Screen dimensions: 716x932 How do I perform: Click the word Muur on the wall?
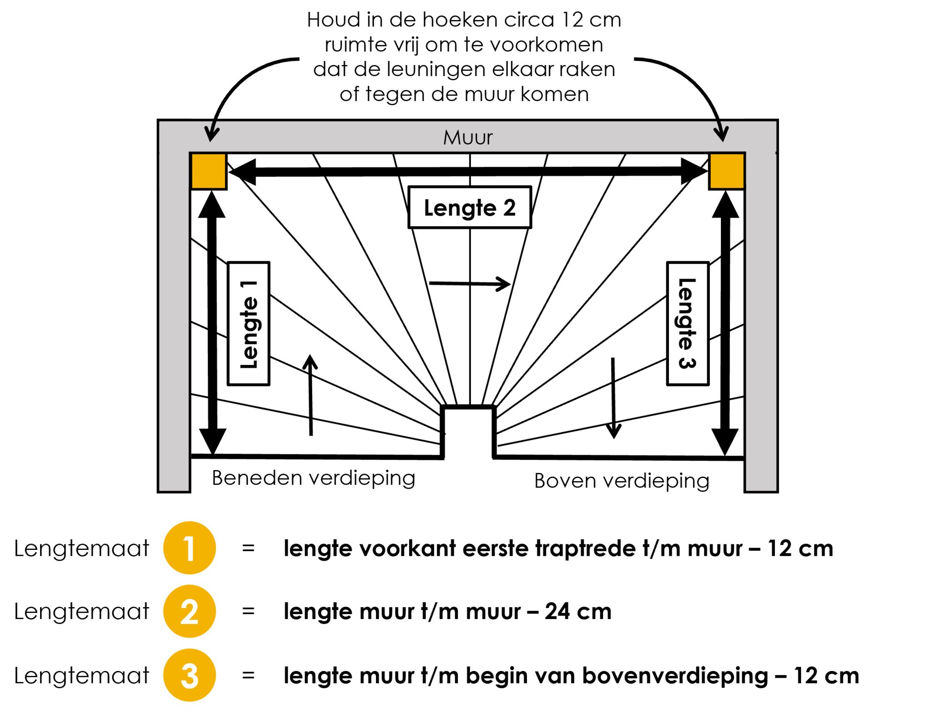[x=468, y=137]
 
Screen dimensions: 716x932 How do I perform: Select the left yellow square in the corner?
[x=208, y=171]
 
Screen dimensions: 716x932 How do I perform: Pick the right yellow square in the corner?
[x=727, y=171]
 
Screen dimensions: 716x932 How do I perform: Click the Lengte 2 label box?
[x=470, y=207]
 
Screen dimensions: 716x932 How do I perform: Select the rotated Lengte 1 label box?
[x=248, y=323]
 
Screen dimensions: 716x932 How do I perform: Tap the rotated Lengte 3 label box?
[x=688, y=323]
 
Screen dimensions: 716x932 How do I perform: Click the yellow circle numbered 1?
[x=189, y=548]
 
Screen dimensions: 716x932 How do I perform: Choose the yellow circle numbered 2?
[x=189, y=611]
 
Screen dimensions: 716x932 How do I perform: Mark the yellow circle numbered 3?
[x=189, y=675]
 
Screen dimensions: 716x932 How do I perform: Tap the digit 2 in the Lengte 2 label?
[x=509, y=208]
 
